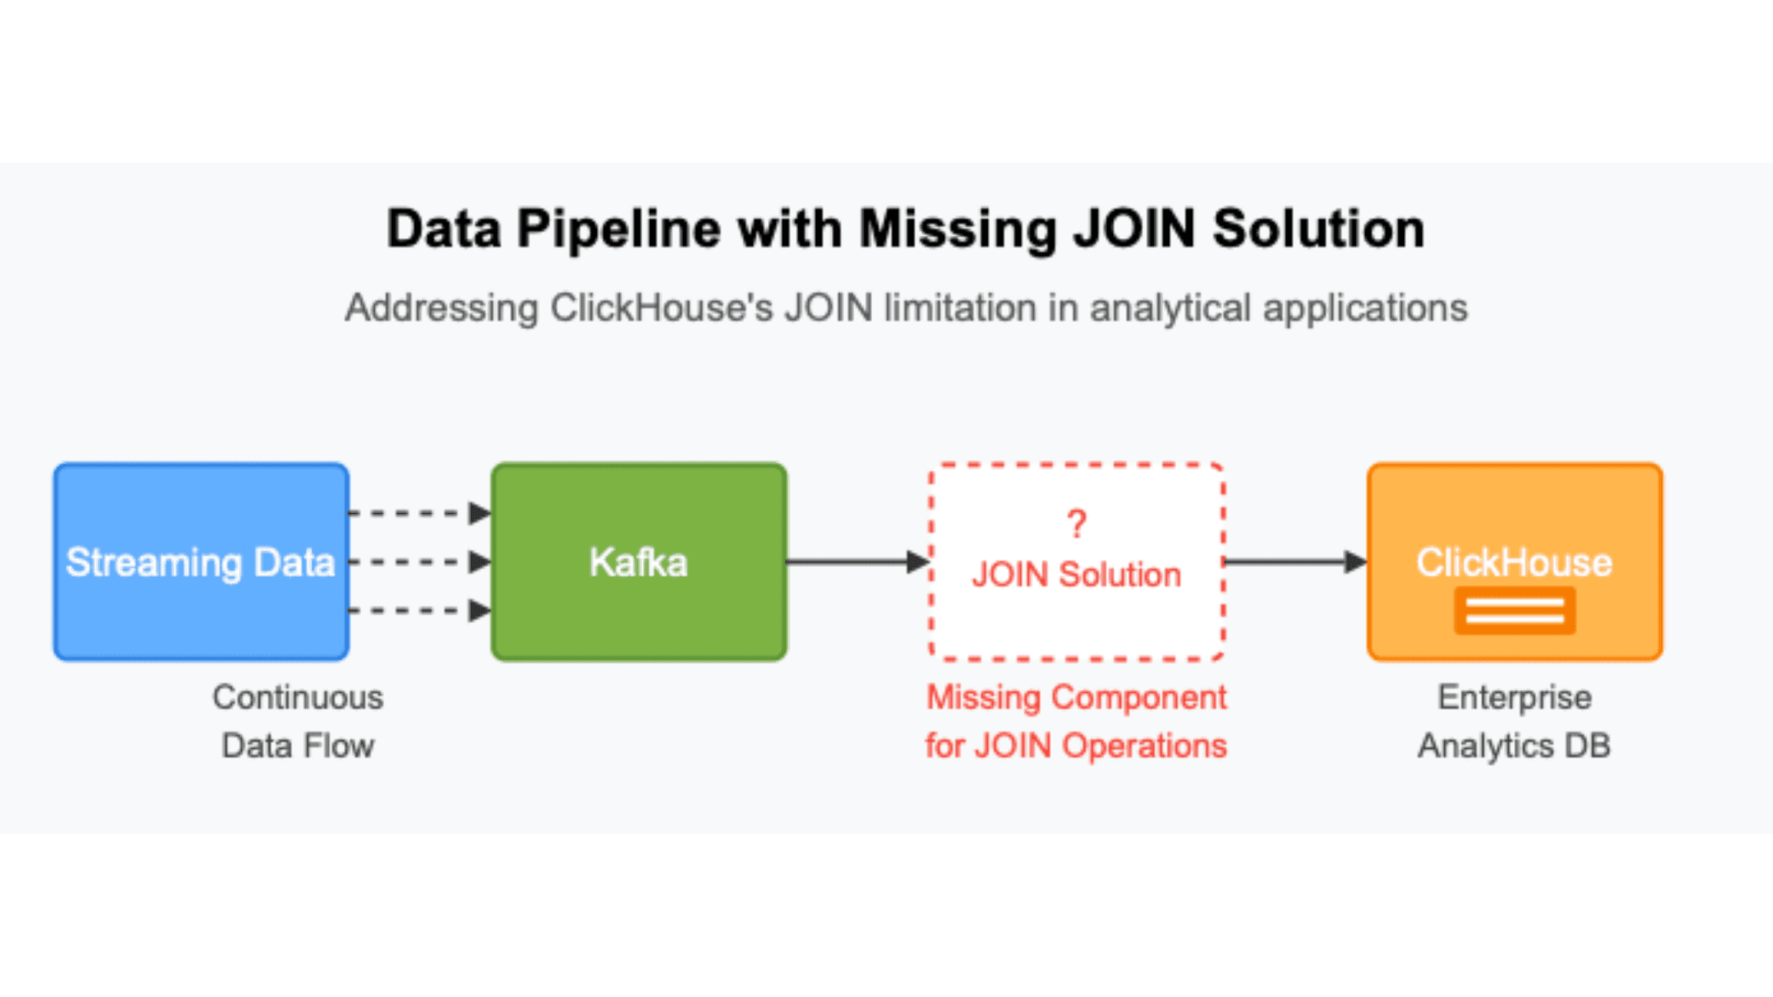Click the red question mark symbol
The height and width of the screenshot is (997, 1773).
click(1077, 525)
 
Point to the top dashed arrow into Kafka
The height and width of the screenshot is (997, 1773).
click(419, 512)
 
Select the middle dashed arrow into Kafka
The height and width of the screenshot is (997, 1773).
click(419, 561)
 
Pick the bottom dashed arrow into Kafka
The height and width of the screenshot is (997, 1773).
click(419, 611)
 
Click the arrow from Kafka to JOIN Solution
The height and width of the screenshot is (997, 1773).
click(857, 561)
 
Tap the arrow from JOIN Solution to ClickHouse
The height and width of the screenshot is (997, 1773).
click(1294, 561)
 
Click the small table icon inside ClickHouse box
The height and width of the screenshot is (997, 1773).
click(1515, 611)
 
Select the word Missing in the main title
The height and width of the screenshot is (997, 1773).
click(957, 229)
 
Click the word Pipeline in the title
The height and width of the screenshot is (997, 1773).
click(618, 229)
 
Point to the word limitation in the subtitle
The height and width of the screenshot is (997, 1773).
click(960, 308)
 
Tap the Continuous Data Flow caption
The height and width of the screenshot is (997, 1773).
click(298, 721)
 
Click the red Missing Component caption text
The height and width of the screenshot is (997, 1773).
click(1076, 721)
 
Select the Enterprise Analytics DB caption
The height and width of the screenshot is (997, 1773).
click(1514, 721)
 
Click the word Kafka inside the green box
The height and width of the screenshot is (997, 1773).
click(638, 562)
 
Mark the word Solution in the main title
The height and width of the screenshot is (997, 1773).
click(1318, 229)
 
